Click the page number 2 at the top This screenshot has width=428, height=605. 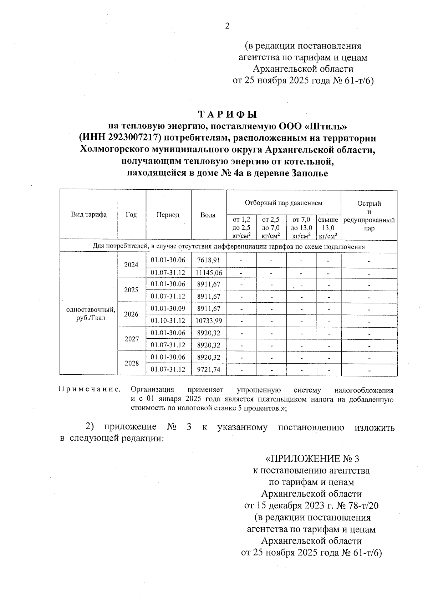[227, 26]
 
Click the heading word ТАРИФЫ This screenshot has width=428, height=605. [228, 115]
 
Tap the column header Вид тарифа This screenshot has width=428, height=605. [89, 215]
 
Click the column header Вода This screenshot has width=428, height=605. [208, 215]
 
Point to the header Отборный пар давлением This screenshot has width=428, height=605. [283, 203]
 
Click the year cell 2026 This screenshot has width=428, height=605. [131, 314]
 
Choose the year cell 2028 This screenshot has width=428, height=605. [131, 363]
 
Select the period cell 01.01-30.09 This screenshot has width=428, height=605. [168, 309]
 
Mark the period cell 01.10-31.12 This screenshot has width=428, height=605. [168, 321]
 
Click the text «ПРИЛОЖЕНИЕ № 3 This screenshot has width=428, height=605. [311, 458]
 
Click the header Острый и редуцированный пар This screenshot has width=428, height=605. [369, 215]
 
